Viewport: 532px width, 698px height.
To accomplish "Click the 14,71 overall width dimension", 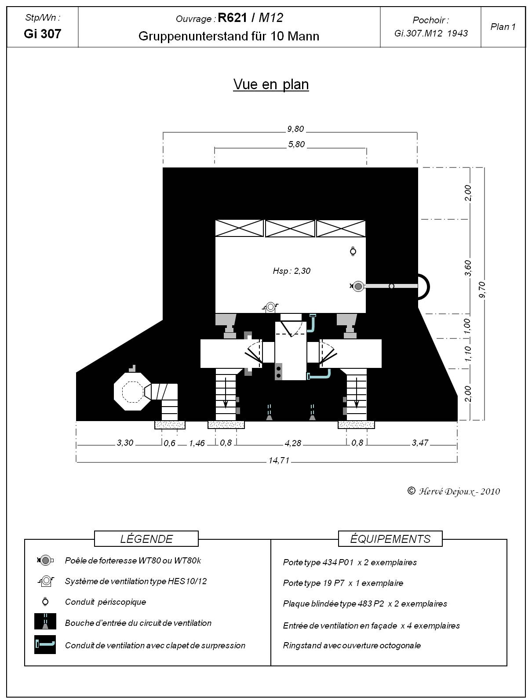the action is [279, 461].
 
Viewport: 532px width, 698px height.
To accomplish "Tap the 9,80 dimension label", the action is [295, 129].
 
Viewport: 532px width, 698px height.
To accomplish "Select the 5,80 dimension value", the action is [296, 144].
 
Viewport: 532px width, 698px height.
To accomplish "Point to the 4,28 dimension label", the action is [292, 443].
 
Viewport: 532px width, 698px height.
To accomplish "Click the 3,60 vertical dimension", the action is [468, 268].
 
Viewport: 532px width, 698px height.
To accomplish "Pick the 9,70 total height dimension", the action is [482, 290].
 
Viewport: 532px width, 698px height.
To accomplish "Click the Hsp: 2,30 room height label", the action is [292, 271].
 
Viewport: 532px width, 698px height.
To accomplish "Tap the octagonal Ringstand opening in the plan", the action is [133, 391].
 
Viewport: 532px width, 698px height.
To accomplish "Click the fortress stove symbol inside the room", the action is [357, 286].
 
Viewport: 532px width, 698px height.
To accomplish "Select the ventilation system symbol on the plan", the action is [270, 307].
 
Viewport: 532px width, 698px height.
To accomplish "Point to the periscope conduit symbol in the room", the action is [353, 251].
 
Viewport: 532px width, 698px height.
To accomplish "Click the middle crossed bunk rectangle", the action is [290, 229].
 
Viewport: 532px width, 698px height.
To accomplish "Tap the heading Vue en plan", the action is [271, 84].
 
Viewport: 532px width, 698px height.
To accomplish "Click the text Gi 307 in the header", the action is [42, 34].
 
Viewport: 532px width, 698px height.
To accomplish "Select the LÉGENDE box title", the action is [146, 539].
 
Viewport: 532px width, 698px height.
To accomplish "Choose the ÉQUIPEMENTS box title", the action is [390, 539].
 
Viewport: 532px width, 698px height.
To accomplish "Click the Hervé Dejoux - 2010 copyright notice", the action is [453, 491].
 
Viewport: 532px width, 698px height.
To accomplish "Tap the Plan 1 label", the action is [503, 27].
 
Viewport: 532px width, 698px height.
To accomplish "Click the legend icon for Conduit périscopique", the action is [45, 601].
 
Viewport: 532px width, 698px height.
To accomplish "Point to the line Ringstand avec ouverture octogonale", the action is [352, 645].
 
